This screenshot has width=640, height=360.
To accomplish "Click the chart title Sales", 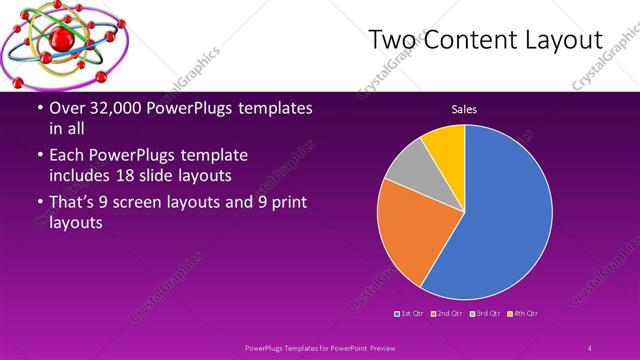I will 463,108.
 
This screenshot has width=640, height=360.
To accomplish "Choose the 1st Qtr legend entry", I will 410,314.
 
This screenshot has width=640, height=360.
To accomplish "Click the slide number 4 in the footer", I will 590,347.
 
